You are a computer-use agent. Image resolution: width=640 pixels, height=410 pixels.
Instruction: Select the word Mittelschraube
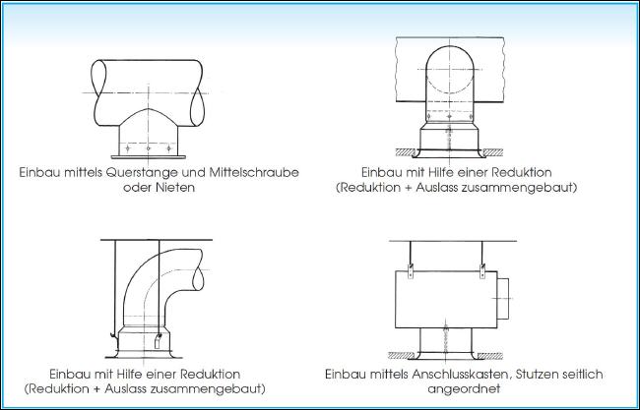coord(254,172)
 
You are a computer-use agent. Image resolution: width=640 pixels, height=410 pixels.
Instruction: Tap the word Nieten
coord(175,188)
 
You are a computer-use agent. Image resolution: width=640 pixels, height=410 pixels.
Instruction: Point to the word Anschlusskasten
coord(460,375)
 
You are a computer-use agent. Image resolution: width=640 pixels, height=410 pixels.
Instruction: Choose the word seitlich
coord(581,375)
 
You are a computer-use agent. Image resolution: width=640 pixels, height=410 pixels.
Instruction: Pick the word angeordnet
coord(464,388)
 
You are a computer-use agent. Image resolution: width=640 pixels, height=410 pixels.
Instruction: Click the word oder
coord(137,188)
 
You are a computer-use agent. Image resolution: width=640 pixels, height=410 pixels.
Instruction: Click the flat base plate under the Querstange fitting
coord(148,157)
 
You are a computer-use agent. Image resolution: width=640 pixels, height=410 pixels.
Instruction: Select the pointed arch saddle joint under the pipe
coord(148,117)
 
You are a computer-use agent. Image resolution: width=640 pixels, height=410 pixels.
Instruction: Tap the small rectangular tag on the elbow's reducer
coord(158,341)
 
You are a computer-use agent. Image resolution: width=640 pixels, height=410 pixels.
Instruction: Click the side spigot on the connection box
coord(504,298)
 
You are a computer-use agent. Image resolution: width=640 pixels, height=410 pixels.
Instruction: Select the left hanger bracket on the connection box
coord(411,270)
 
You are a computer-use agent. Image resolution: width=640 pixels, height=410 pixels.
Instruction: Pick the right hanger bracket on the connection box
coord(482,270)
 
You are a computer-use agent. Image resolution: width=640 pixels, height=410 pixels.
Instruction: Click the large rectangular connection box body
coord(446,300)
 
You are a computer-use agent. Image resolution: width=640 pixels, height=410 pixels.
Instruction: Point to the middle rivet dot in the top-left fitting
coord(148,148)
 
